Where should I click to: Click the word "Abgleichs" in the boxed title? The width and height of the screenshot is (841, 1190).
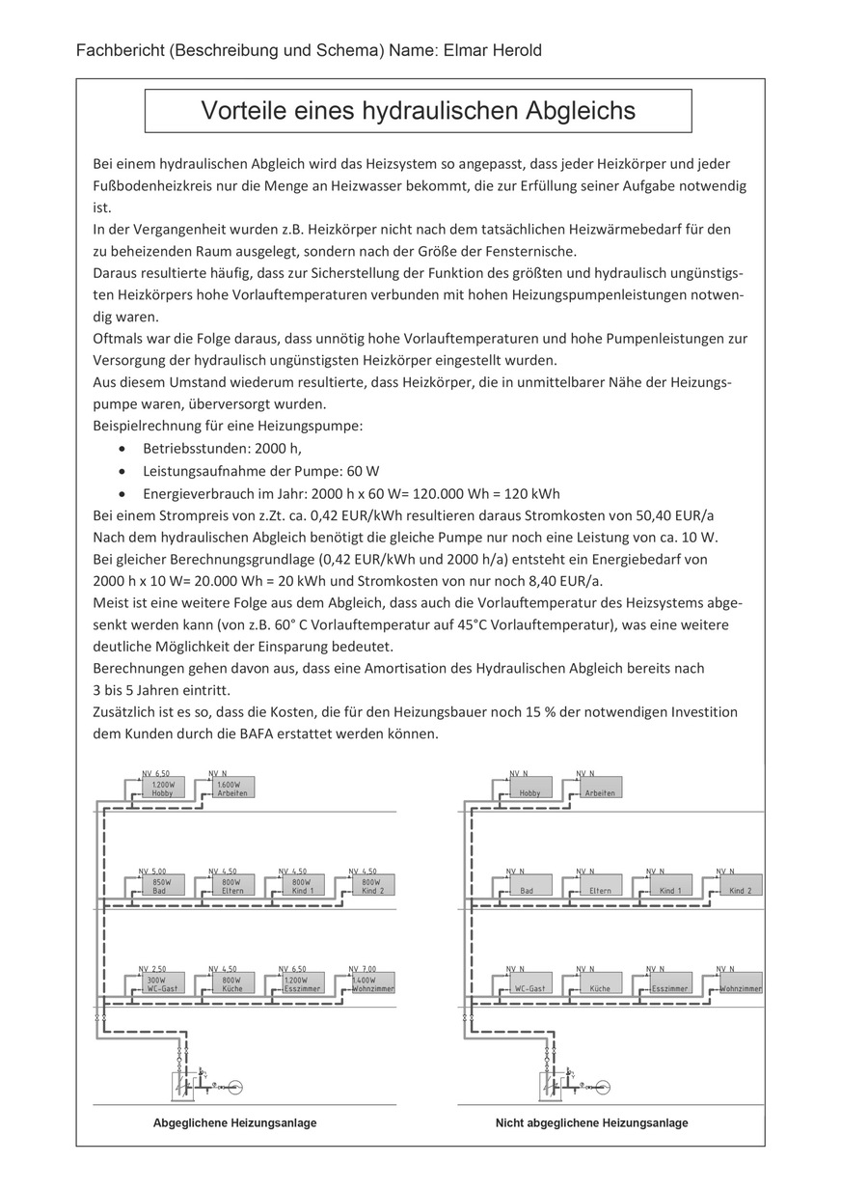point(580,111)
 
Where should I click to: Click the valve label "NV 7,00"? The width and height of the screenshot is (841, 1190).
point(363,968)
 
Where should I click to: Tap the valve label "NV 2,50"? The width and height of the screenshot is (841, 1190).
point(152,968)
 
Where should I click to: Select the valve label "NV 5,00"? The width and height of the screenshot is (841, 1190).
point(152,871)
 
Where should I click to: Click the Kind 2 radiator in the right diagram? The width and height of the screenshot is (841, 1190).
point(740,885)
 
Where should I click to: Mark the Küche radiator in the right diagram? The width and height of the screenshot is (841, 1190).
point(600,983)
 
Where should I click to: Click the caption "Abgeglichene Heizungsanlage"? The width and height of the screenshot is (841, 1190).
point(234,1122)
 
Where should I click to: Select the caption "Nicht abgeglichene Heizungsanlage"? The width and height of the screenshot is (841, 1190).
point(591,1122)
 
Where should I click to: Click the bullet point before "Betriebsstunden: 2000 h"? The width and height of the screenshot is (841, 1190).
point(120,449)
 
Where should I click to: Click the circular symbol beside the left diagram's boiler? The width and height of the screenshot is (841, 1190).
point(234,1087)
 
